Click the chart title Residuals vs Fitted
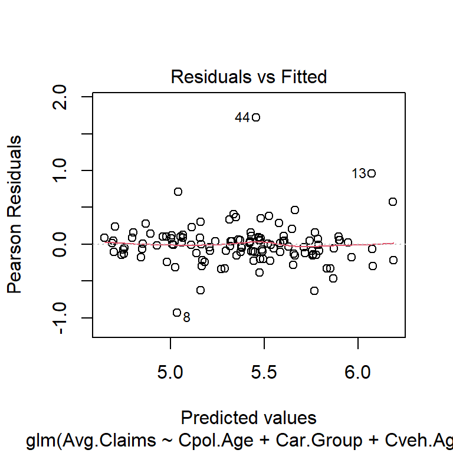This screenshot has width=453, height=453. tap(248, 77)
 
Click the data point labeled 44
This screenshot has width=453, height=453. tap(256, 117)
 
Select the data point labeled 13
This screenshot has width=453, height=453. tap(372, 173)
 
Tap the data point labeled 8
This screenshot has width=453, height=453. tap(177, 313)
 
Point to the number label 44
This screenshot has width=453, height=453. tap(242, 118)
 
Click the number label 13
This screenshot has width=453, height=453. tap(359, 174)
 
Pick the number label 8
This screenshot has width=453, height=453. tap(186, 317)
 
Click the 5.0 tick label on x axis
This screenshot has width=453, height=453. tap(170, 373)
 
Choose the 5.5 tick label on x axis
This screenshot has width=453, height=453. tap(264, 373)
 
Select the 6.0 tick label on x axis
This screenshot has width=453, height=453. tap(358, 373)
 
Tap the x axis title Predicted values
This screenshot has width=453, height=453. tap(248, 418)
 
